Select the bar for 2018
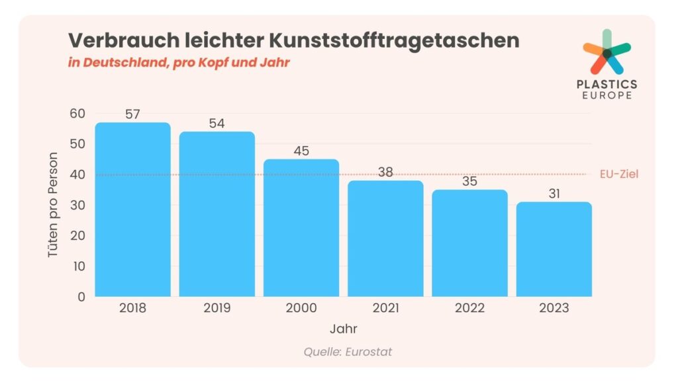pos(132,210)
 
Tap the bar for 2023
pos(554,249)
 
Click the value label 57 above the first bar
pos(132,114)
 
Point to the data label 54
pos(217,123)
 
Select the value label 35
pos(469,181)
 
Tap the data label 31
pos(554,193)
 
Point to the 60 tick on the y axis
pos(77,114)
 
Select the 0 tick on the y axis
pos(81,297)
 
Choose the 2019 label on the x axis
pos(217,308)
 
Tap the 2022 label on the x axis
pos(469,308)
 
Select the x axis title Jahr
pos(344,328)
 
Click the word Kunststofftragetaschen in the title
pos(394,40)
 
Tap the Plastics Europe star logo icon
pos(606,52)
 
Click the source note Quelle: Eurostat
pos(348,352)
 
